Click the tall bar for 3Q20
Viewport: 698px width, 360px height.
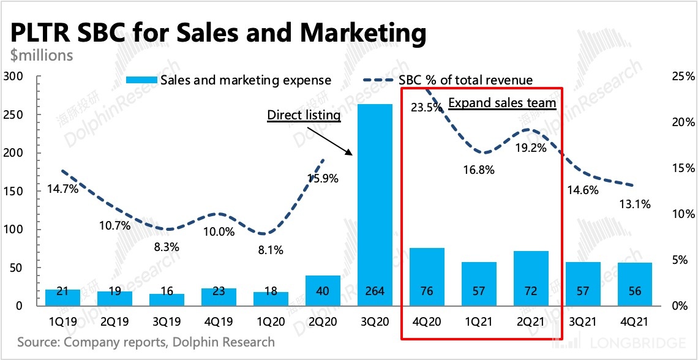(375, 202)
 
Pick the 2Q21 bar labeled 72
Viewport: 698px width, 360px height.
(531, 278)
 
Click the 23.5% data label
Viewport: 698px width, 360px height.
(426, 108)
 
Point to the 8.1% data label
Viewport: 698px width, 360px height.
(270, 250)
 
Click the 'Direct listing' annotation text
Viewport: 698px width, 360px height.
(304, 114)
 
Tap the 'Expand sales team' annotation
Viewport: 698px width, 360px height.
(502, 102)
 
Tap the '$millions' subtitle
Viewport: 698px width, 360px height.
(42, 55)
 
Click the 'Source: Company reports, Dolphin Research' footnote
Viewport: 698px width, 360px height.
(146, 342)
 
